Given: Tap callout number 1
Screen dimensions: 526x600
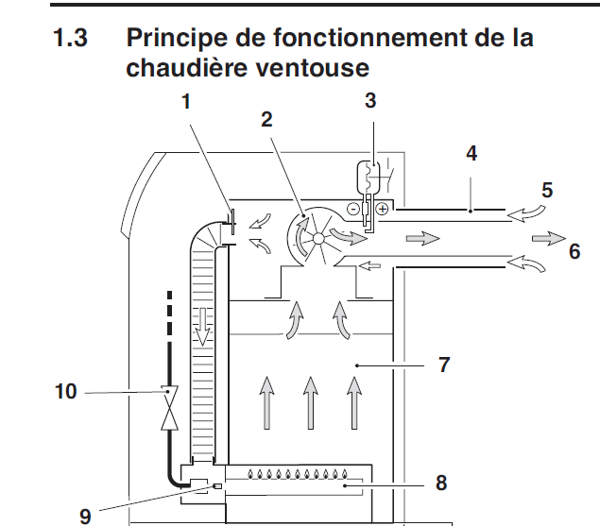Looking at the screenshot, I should point(187,102).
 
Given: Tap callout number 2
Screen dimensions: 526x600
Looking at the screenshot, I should point(267,119).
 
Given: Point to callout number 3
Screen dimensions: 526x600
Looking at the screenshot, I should point(370,101).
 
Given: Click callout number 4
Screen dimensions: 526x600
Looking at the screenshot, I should point(470,152).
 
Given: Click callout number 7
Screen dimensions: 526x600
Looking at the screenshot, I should point(445,365).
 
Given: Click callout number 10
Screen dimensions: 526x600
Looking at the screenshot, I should point(67,388).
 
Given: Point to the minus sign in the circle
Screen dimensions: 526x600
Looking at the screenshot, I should point(353,207).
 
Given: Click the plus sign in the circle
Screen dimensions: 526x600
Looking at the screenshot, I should point(382,208).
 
